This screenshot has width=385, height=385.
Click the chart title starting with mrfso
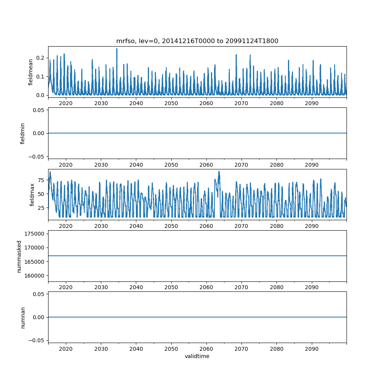tap(197, 41)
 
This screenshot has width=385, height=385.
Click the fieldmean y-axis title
tap(31, 72)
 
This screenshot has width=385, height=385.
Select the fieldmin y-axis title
tap(23, 133)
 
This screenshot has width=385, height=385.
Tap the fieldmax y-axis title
tap(32, 194)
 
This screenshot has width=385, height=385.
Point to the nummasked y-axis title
tap(19, 256)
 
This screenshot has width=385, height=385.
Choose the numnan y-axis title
tap(23, 317)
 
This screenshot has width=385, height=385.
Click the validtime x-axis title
tap(197, 356)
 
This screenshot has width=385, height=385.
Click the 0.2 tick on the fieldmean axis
tap(40, 58)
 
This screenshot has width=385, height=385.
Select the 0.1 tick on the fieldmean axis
tap(40, 77)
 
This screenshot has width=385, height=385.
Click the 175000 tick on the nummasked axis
tap(34, 234)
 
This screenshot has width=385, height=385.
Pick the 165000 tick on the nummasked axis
tap(34, 262)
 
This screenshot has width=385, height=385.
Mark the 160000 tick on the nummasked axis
tap(34, 276)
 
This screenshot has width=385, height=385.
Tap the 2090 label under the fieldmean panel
tap(311, 104)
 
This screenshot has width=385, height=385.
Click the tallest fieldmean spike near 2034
tap(117, 49)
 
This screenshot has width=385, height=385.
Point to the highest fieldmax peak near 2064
tap(219, 171)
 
